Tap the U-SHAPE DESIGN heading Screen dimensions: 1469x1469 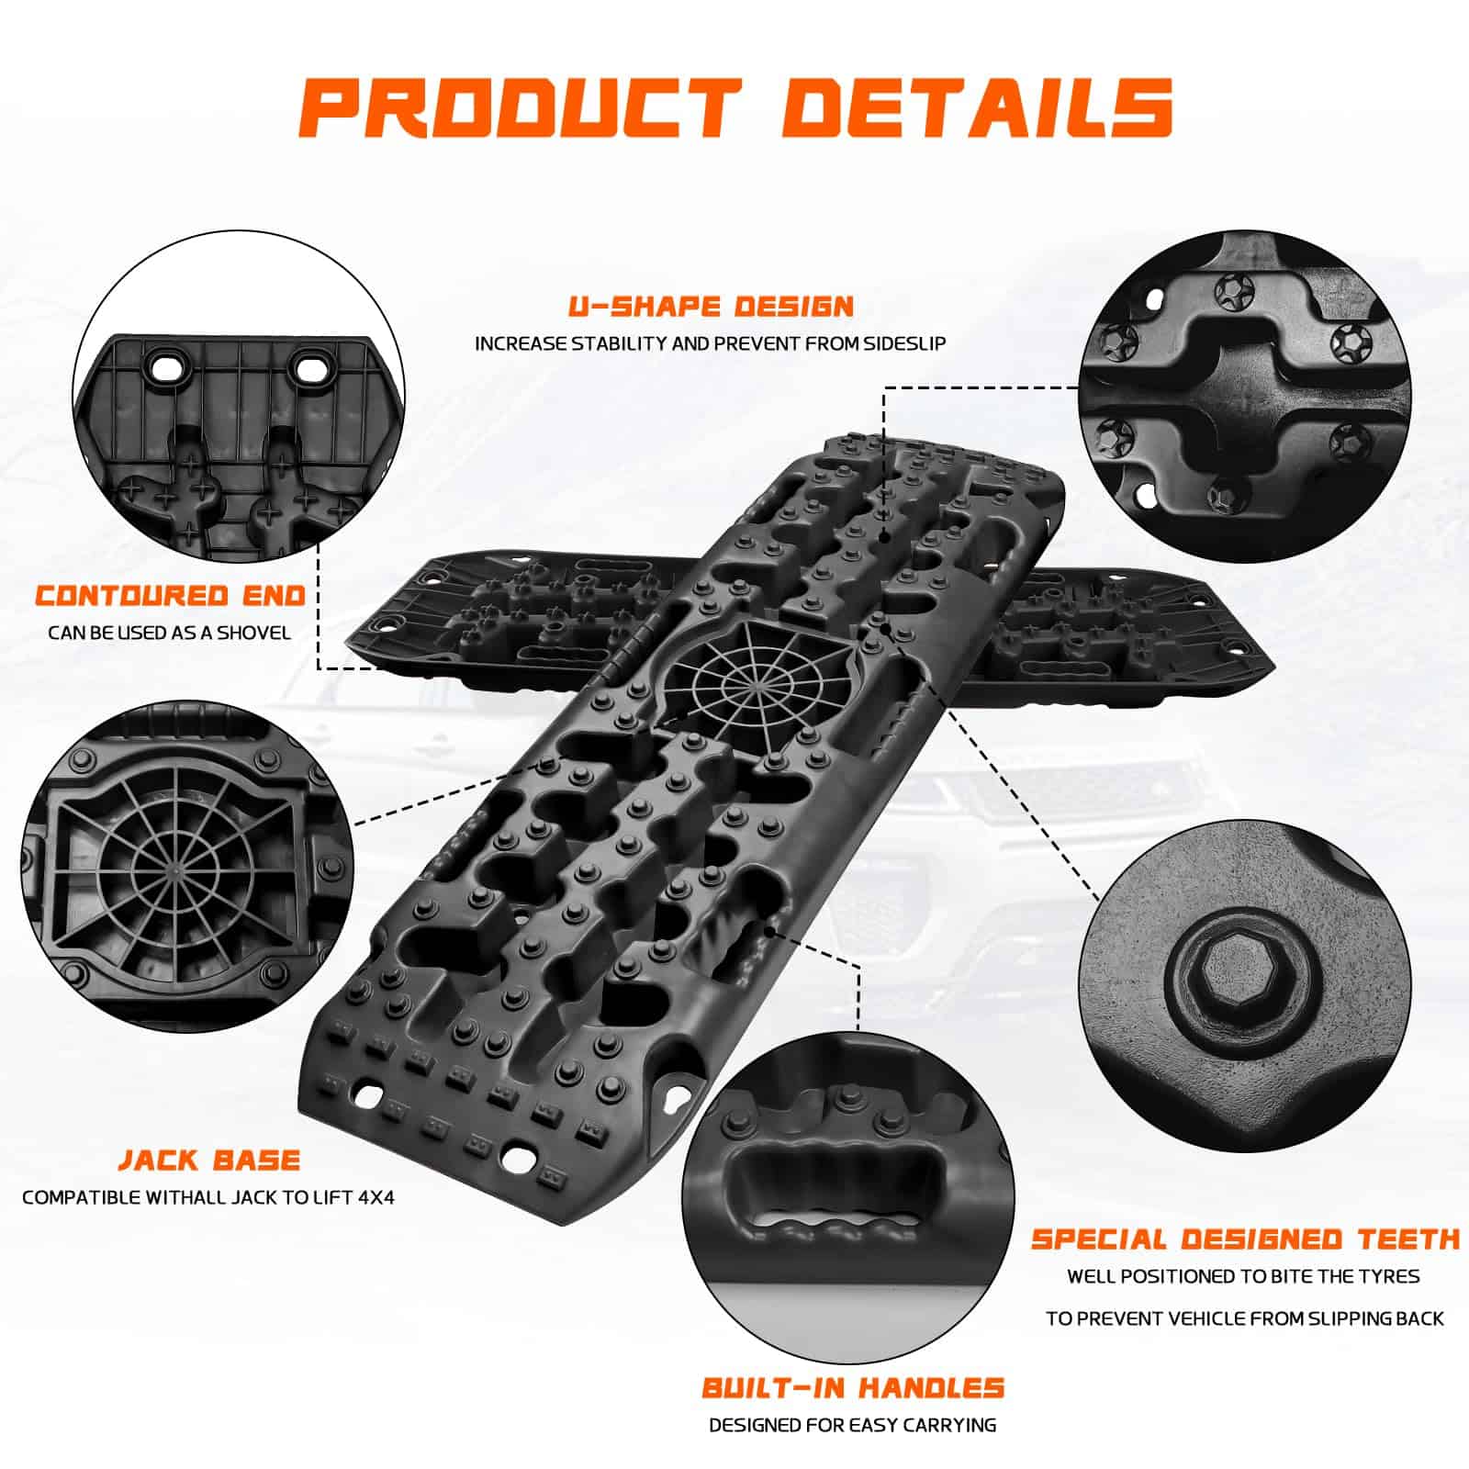click(711, 306)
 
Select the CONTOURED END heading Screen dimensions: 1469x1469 click(171, 595)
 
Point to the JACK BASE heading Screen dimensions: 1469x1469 click(209, 1160)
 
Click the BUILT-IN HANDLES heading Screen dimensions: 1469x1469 click(853, 1387)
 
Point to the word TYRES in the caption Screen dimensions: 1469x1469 click(1385, 1276)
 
